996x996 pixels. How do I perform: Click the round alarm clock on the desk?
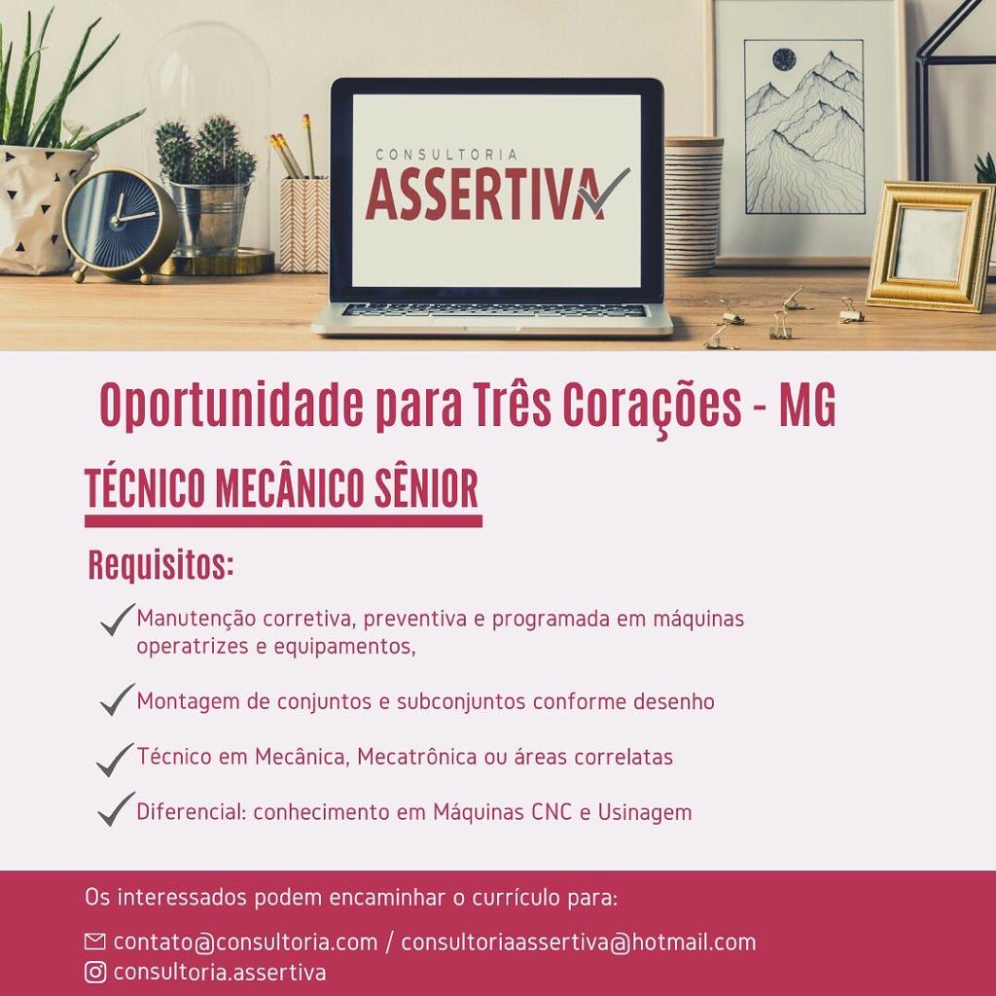120,225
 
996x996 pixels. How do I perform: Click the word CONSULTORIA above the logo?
446,155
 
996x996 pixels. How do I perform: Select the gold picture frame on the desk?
932,246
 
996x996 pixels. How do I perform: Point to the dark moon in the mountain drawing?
784,59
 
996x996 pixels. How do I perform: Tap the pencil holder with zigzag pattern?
304,225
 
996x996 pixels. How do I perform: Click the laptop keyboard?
494,310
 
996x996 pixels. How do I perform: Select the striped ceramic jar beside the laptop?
693,205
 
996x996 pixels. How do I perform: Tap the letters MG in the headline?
807,405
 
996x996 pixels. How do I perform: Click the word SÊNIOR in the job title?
426,488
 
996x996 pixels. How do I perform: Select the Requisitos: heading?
160,565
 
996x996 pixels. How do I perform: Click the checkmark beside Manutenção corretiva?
118,620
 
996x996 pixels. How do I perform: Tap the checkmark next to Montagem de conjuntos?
118,699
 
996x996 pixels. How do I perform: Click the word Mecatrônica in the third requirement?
416,757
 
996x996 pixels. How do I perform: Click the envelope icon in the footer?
94,942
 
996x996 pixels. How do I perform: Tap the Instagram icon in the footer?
95,972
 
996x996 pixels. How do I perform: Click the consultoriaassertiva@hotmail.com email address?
579,942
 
